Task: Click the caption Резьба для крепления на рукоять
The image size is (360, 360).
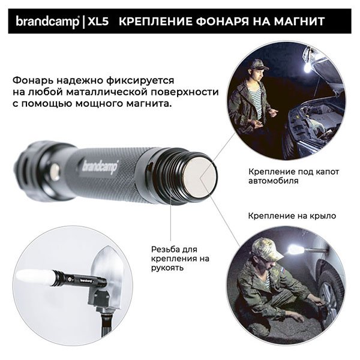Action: click(x=173, y=258)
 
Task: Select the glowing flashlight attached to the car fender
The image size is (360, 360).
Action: click(x=296, y=248)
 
